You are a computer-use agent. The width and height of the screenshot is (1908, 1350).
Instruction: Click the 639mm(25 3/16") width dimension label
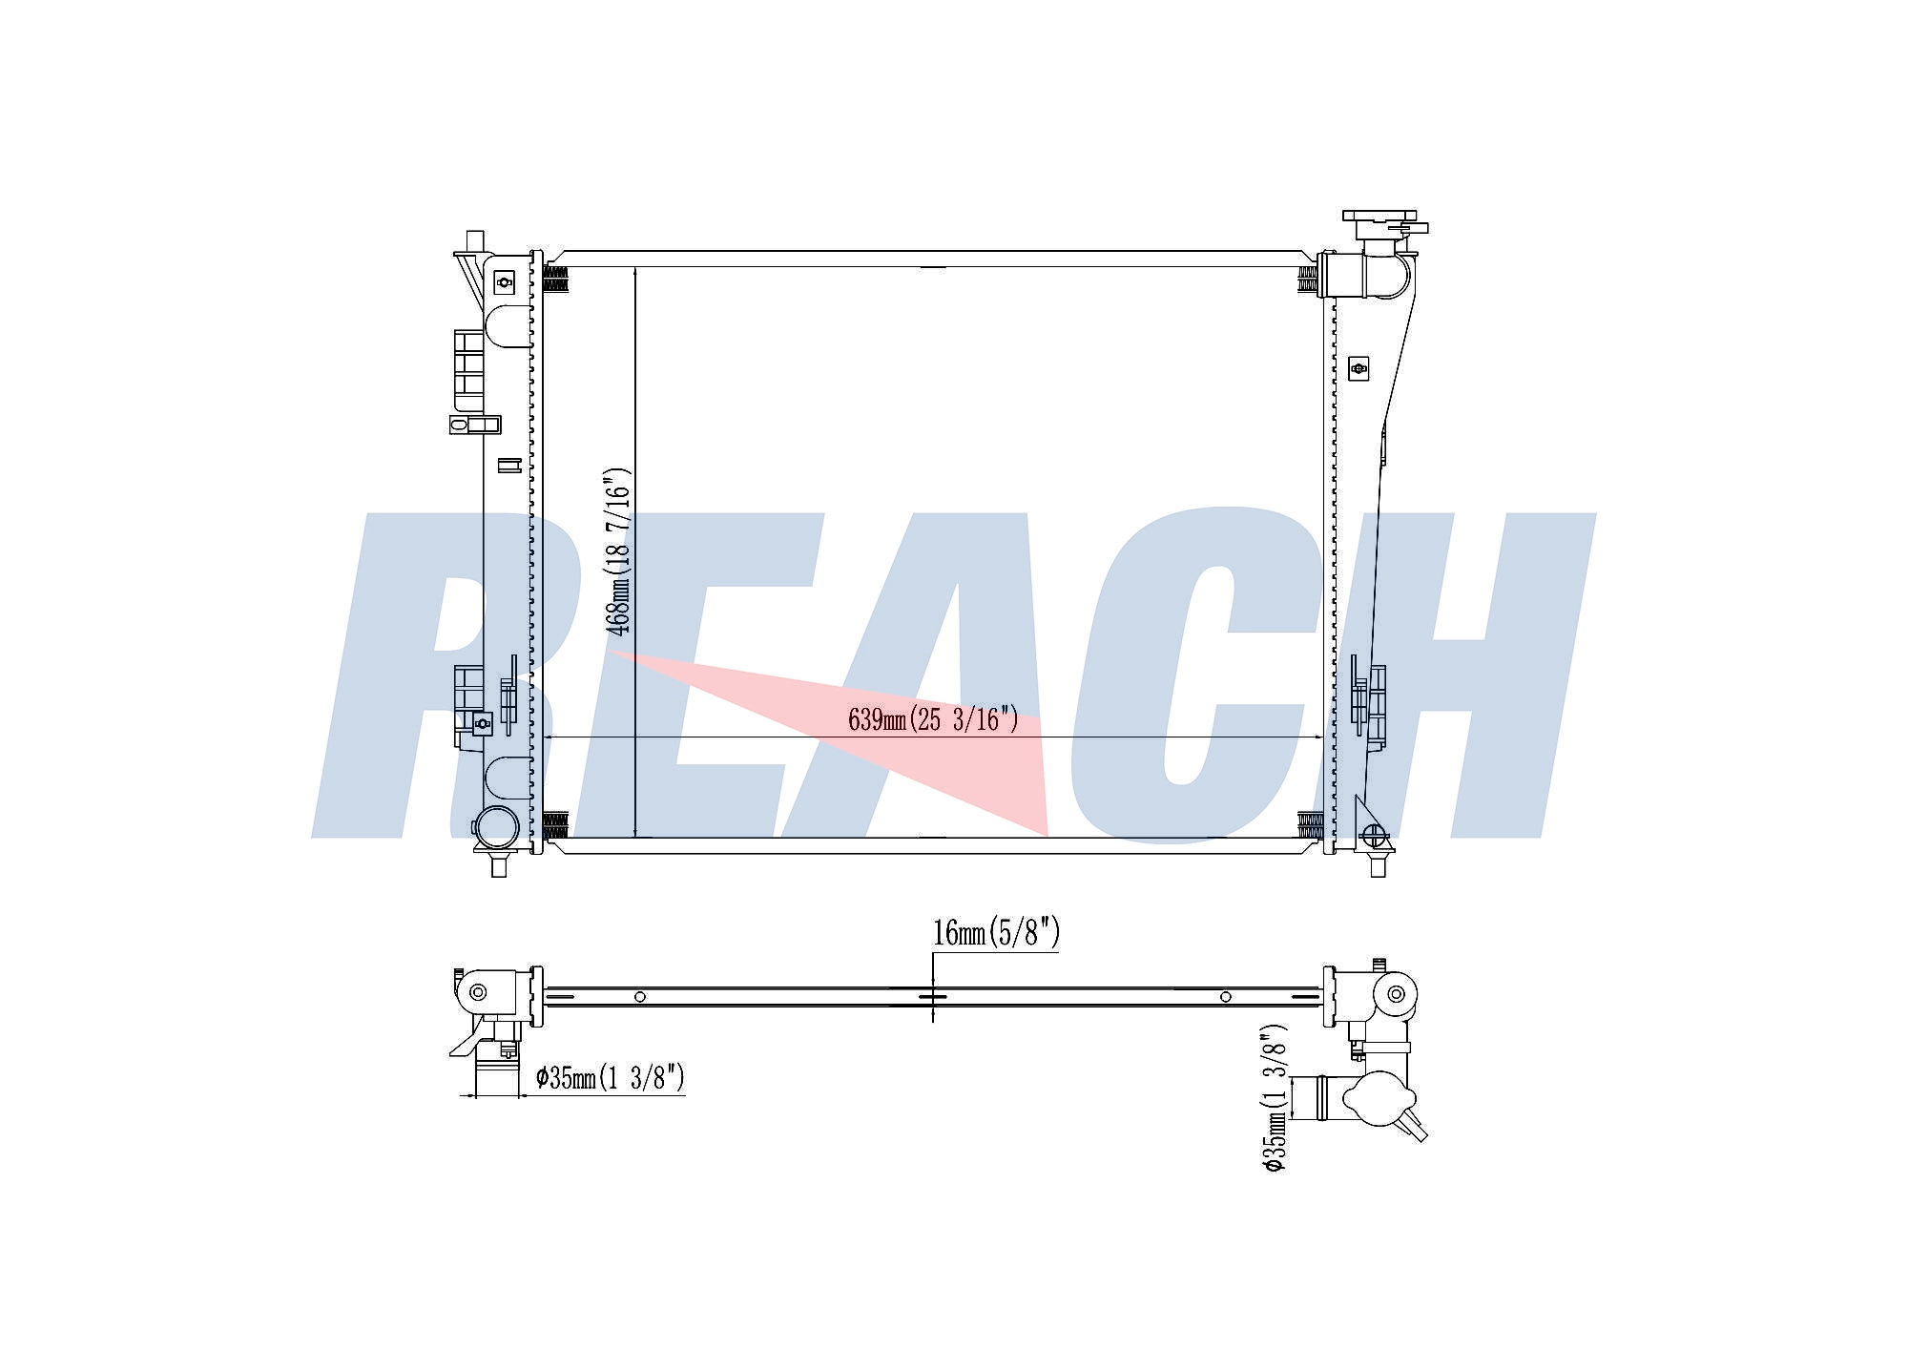click(933, 719)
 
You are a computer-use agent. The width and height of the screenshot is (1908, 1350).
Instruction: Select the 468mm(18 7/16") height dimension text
click(619, 551)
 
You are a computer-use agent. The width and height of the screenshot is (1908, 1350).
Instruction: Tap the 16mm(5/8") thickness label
click(996, 932)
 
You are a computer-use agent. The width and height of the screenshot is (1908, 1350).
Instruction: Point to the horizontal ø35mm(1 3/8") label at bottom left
click(611, 1078)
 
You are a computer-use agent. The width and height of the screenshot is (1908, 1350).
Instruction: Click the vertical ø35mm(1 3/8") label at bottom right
click(1275, 1099)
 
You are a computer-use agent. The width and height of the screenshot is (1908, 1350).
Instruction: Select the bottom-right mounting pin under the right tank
click(1377, 864)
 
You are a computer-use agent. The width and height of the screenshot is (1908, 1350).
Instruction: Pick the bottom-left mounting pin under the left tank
click(498, 864)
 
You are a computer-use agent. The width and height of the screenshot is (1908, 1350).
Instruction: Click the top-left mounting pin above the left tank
click(475, 241)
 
